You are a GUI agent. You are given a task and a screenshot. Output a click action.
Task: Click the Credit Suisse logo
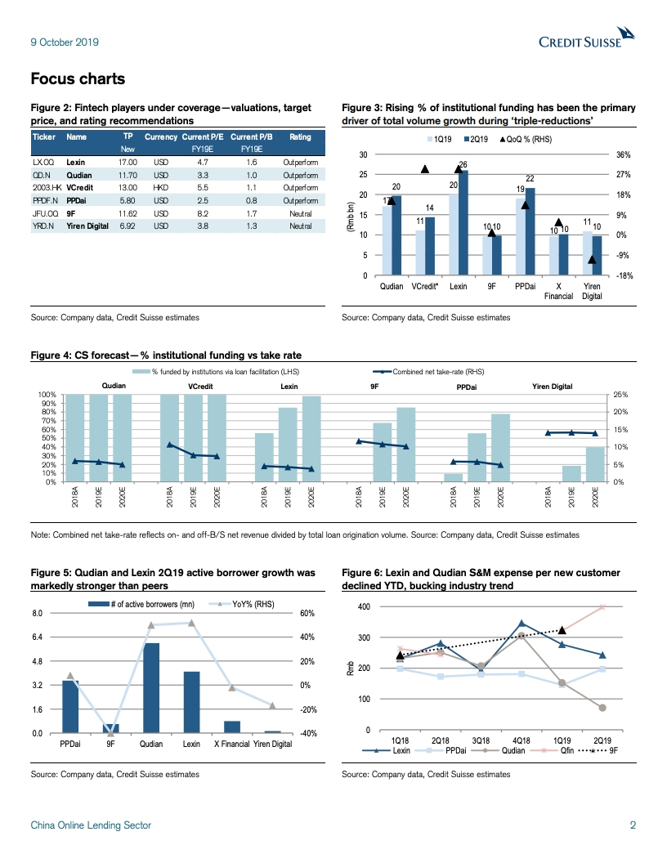click(x=586, y=39)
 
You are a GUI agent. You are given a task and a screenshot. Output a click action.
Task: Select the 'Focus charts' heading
click(x=78, y=78)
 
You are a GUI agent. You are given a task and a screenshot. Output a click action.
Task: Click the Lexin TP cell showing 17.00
click(x=127, y=162)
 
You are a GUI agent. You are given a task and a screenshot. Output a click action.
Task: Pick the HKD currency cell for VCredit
click(x=161, y=187)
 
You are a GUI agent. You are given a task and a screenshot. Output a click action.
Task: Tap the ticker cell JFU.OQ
click(x=43, y=212)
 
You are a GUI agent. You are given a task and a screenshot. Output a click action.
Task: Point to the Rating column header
click(x=300, y=137)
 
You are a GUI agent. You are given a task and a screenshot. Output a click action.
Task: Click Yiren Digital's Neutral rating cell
click(x=300, y=225)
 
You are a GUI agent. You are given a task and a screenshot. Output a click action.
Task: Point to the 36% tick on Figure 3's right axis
click(x=623, y=154)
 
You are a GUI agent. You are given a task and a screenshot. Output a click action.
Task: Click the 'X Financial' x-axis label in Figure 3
click(x=558, y=292)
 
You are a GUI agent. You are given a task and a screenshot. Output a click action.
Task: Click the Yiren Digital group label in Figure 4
click(x=553, y=386)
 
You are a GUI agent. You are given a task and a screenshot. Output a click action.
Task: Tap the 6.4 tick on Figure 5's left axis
click(x=37, y=637)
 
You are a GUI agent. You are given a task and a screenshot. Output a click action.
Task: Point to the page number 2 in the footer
click(x=633, y=825)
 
